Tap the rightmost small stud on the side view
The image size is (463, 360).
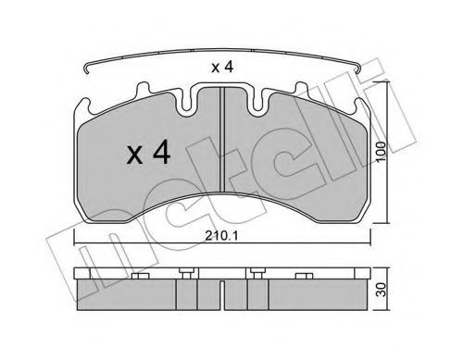(303, 275)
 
